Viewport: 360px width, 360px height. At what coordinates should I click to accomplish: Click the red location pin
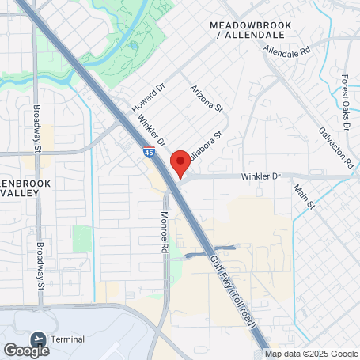tap(180, 162)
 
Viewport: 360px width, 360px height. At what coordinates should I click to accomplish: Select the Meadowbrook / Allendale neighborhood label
tap(251, 31)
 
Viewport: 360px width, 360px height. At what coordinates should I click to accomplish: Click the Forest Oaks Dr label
tap(344, 95)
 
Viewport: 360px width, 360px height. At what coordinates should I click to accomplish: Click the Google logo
tap(26, 350)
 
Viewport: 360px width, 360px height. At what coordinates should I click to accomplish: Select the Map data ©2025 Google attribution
tap(311, 354)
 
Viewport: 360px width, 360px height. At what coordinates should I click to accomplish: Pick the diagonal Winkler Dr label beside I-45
tap(150, 131)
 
